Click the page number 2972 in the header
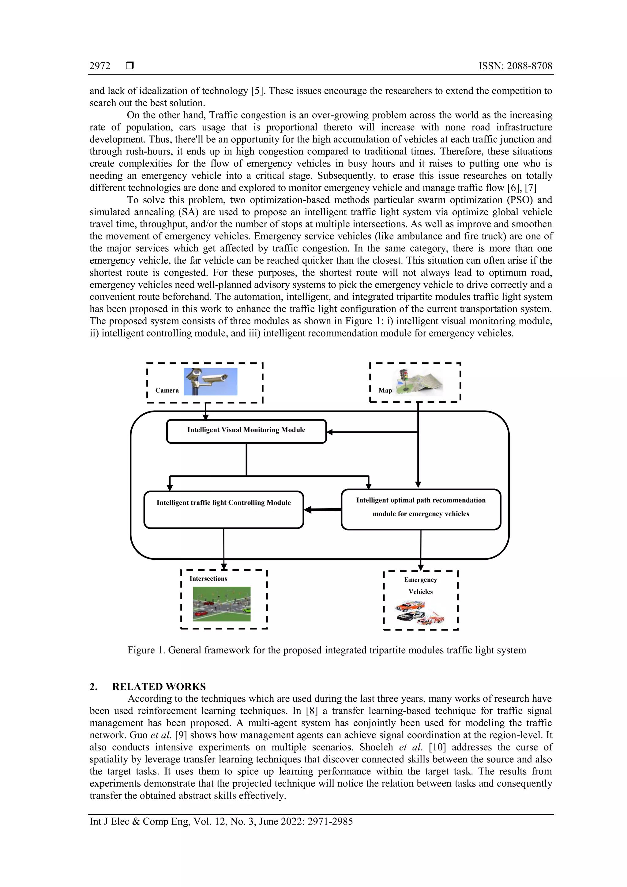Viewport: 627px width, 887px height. coord(100,66)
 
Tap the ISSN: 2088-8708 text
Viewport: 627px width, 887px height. coord(515,66)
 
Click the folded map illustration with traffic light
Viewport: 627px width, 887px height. coord(419,382)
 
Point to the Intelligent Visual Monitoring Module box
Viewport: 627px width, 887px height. coord(246,431)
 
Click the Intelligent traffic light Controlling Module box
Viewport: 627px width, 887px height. coord(224,509)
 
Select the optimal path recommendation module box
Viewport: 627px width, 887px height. coord(421,509)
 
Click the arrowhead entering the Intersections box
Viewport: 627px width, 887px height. coord(224,566)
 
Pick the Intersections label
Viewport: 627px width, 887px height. coord(208,578)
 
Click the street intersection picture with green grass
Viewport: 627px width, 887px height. coord(222,604)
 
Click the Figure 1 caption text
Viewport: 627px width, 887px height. coord(326,650)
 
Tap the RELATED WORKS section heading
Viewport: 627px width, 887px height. coord(159,686)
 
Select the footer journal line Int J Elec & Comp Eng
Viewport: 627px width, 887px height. coord(221,821)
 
